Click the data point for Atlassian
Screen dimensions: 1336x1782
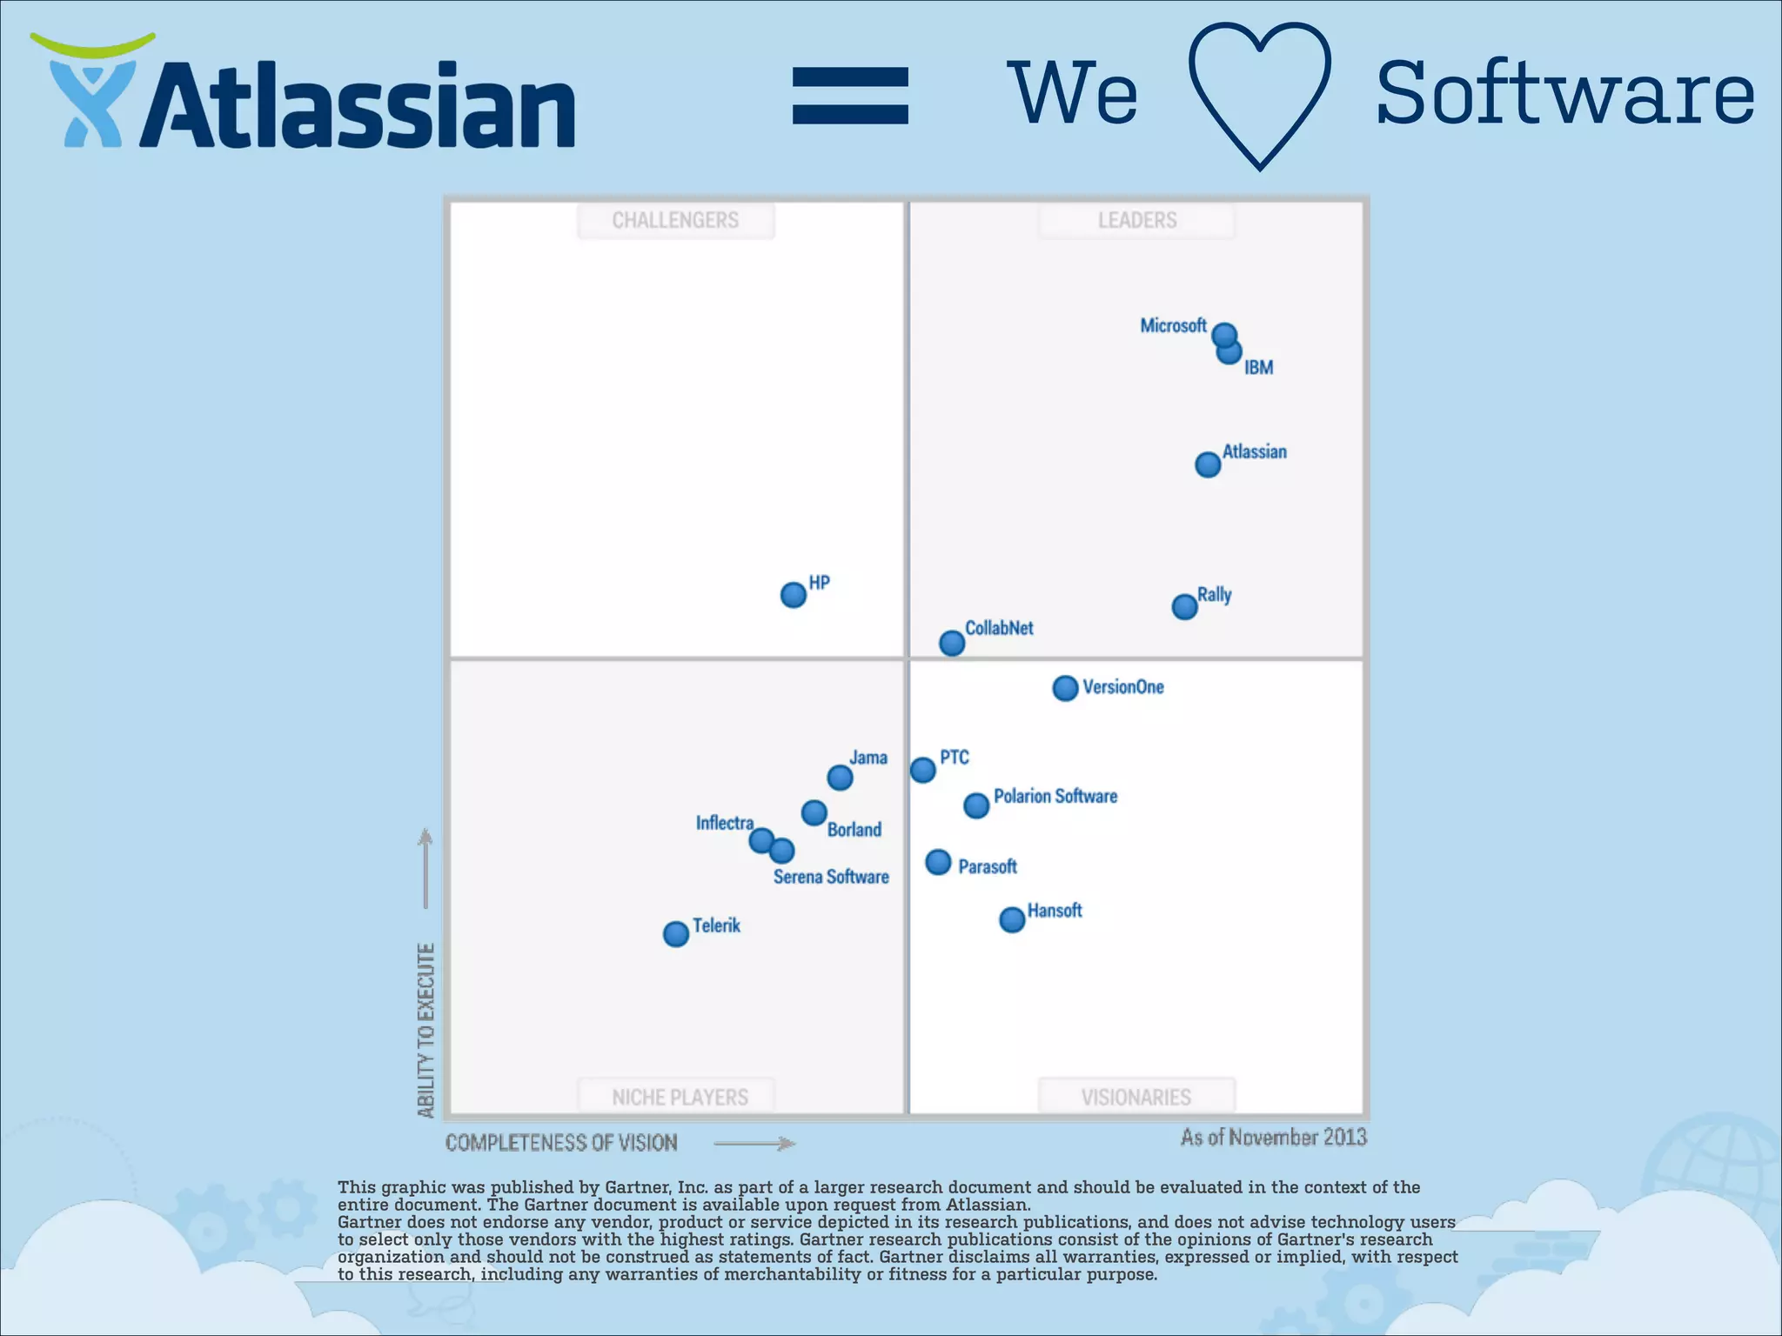[1207, 464]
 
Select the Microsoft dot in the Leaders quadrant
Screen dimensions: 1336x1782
[1223, 334]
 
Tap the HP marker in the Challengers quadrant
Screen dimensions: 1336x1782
[793, 595]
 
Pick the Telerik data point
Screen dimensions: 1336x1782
[675, 934]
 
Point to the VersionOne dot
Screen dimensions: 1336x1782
[1065, 688]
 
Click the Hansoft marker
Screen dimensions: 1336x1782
[1011, 919]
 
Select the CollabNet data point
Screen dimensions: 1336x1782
[952, 643]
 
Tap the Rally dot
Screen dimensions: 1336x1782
[1184, 606]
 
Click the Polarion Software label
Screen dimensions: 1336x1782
[1055, 796]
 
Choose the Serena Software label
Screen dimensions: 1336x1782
[831, 877]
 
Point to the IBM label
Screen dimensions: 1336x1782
[1258, 367]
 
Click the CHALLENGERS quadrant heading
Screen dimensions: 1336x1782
[675, 220]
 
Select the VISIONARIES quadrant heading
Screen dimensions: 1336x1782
[1136, 1097]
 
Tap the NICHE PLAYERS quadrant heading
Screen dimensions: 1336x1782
[680, 1097]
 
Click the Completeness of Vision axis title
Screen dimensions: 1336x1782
[561, 1142]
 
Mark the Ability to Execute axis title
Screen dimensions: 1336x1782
[425, 1030]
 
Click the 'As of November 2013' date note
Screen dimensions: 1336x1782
[1273, 1137]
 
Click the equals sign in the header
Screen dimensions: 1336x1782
[850, 96]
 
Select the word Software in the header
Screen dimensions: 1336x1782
[1564, 94]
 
